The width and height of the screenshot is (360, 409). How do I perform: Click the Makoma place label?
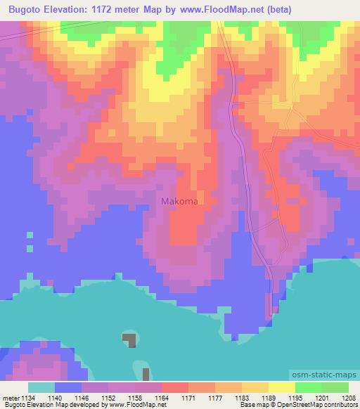(x=179, y=202)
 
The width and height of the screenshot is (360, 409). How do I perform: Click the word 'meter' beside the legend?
(x=11, y=398)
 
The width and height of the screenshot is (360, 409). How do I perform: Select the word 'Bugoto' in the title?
(x=27, y=10)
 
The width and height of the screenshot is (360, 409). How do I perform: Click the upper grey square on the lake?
(x=129, y=340)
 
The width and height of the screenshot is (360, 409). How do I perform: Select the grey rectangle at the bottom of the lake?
(x=146, y=374)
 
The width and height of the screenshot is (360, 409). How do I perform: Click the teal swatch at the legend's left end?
(x=41, y=387)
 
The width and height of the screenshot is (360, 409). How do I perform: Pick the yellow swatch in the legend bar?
(x=281, y=387)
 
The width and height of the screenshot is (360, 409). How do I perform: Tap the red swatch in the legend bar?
(x=174, y=387)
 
